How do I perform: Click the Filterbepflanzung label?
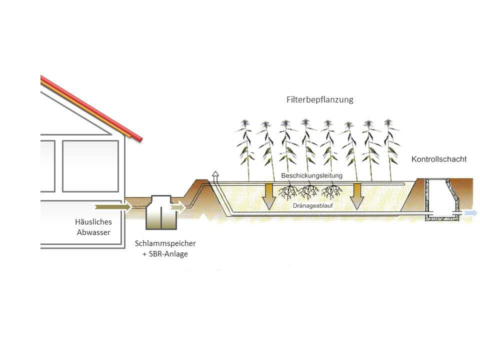point(320,99)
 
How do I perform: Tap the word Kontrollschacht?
point(439,159)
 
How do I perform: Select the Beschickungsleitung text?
point(311,176)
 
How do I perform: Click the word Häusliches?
point(93,221)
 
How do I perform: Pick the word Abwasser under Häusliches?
point(93,232)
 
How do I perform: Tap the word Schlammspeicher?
point(165,243)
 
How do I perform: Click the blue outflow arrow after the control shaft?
point(470,213)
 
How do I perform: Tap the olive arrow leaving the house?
point(112,206)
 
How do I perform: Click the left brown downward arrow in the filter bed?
point(269,196)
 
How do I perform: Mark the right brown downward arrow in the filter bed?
point(356,196)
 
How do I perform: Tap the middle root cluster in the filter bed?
point(308,191)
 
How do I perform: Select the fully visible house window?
point(90,166)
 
